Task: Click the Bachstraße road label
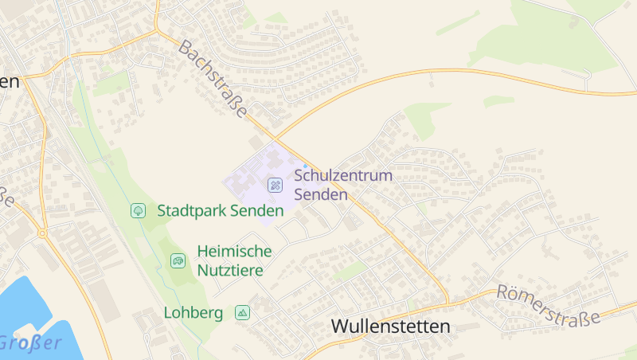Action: tap(213, 80)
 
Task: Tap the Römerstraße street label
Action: tap(548, 305)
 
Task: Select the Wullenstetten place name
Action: tap(390, 327)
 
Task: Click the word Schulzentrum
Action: tap(343, 175)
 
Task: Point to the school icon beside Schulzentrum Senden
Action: tap(275, 185)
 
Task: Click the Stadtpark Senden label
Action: tap(221, 211)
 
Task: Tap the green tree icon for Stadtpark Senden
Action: tap(138, 210)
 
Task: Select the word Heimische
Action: tap(234, 252)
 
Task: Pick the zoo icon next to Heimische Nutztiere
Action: tap(178, 260)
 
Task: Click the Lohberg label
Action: tap(193, 312)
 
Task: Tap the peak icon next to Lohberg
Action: tap(242, 312)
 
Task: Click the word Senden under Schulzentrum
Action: tap(321, 194)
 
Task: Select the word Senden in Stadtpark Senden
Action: tap(256, 211)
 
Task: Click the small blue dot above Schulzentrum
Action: tap(305, 166)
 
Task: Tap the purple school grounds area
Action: tap(251, 179)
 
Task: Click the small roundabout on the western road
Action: tap(42, 233)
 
